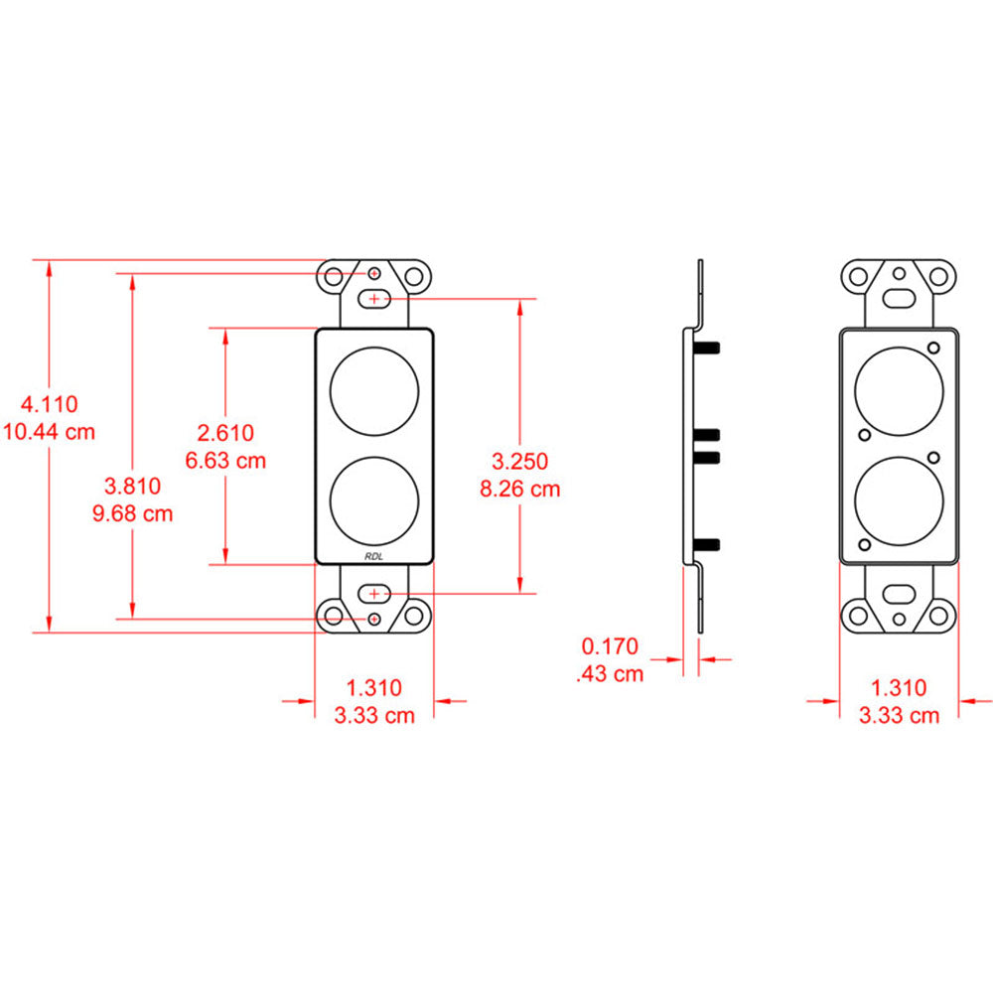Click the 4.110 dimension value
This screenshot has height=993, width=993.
[50, 404]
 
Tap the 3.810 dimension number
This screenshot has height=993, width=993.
[133, 486]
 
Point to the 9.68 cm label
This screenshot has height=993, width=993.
[133, 513]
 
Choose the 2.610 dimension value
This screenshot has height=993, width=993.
[226, 433]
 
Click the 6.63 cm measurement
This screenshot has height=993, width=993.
[226, 461]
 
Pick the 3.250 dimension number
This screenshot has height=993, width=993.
[520, 461]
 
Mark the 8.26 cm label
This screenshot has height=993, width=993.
[520, 489]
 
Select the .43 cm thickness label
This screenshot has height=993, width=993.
[609, 674]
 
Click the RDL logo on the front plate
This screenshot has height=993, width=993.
[374, 556]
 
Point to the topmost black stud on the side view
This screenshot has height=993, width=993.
[709, 347]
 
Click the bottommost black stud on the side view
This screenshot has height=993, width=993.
[709, 543]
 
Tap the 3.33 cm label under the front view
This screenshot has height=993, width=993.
[373, 716]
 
